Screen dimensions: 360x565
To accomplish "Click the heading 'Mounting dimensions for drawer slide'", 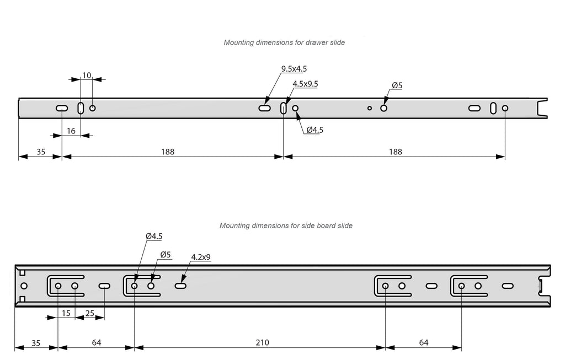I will (x=284, y=42).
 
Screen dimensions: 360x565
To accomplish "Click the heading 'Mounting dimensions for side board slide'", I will (x=286, y=225).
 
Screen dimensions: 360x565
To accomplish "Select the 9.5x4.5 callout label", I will (x=294, y=69).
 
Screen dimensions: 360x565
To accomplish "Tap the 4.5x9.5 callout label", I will (x=305, y=84).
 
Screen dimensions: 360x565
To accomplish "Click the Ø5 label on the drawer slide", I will (x=397, y=85).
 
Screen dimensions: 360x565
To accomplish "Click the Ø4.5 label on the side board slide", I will (x=153, y=236).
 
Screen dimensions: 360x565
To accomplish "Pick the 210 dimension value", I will (x=262, y=342).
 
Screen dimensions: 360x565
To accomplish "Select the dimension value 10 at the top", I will (x=87, y=75).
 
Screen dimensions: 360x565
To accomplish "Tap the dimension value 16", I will (x=71, y=131).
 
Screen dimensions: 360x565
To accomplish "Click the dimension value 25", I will (x=90, y=313).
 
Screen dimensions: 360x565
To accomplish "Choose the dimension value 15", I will (x=66, y=313).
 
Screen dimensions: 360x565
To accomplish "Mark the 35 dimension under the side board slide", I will (x=36, y=342).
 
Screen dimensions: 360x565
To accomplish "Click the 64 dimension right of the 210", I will (x=423, y=342).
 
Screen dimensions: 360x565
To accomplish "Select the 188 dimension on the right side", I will (x=395, y=152).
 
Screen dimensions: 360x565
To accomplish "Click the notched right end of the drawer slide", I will (x=542, y=108).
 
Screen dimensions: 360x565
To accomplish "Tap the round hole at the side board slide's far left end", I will (x=24, y=286).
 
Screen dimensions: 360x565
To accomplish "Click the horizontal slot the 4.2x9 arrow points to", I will (x=180, y=286).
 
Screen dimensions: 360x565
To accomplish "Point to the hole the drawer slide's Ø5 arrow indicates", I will (x=384, y=108).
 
